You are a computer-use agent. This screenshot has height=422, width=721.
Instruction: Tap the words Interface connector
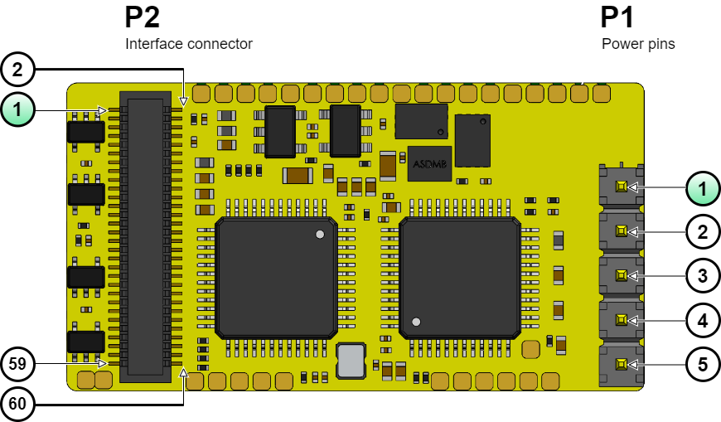188,44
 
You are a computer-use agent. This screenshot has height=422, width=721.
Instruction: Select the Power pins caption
638,44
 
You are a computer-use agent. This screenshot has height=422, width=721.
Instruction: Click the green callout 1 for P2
19,109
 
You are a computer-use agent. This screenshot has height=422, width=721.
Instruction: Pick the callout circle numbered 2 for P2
19,68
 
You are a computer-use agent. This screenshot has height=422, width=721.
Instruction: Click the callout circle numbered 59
19,363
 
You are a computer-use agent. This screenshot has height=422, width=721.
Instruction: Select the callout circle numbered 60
19,405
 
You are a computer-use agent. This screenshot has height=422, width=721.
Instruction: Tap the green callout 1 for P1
702,188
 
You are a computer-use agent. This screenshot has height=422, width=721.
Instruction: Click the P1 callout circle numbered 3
702,275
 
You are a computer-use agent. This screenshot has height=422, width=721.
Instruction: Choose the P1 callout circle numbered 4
702,319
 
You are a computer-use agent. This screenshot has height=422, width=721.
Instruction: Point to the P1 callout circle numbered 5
702,363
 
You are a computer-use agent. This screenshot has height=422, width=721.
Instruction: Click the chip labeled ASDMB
429,163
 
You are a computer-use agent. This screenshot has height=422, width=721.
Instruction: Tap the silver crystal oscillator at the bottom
351,361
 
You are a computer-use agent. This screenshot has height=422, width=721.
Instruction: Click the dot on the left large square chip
320,235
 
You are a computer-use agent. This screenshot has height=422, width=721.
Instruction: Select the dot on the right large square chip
417,322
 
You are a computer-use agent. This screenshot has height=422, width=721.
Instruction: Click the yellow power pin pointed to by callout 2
620,231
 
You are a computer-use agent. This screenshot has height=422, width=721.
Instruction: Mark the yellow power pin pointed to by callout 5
620,363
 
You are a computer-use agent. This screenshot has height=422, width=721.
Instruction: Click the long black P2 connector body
145,236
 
